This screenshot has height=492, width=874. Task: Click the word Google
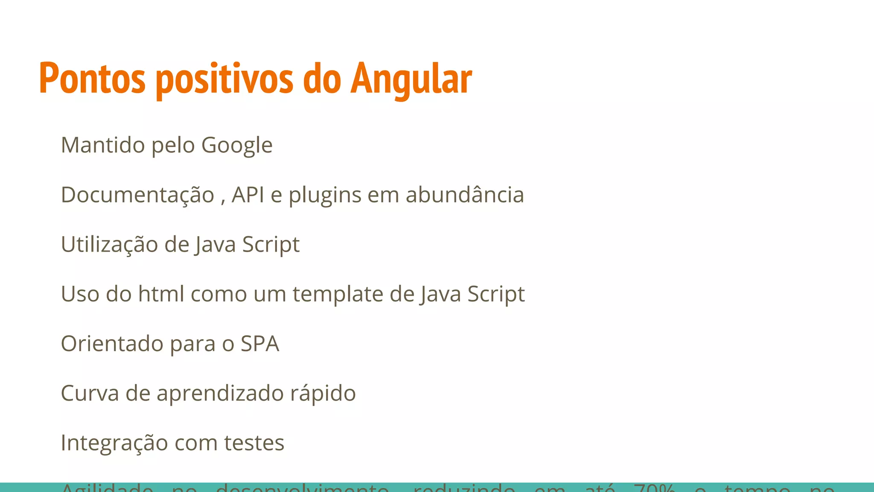click(x=237, y=146)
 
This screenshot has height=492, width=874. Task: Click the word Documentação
click(x=137, y=195)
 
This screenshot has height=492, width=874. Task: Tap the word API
click(x=248, y=195)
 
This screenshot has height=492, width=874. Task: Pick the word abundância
click(x=464, y=195)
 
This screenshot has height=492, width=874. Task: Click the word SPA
click(x=259, y=344)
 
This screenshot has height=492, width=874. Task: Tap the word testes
click(x=254, y=443)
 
